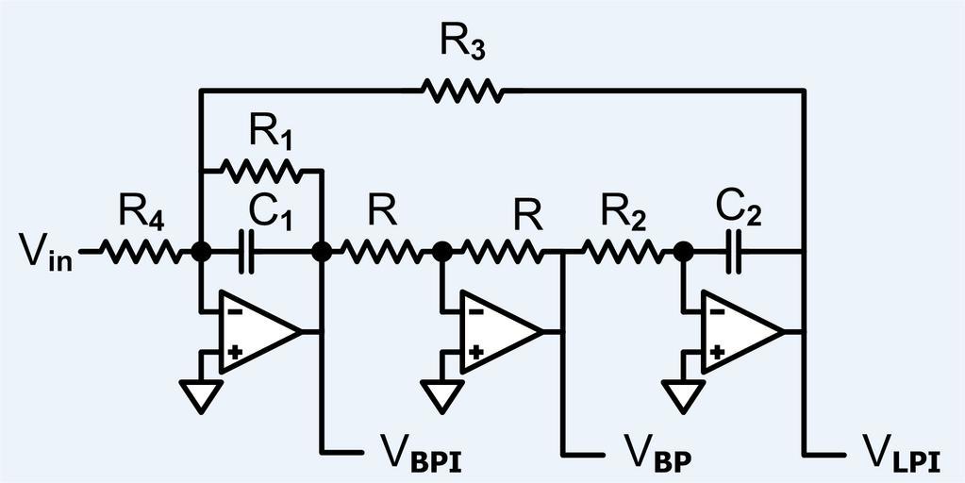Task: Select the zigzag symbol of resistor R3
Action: click(x=462, y=92)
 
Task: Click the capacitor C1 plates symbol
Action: click(x=248, y=252)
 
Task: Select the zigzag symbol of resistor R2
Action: click(x=624, y=252)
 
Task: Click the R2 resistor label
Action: click(x=622, y=214)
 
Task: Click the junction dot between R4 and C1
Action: click(x=200, y=252)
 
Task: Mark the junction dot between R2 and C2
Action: click(x=685, y=252)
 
